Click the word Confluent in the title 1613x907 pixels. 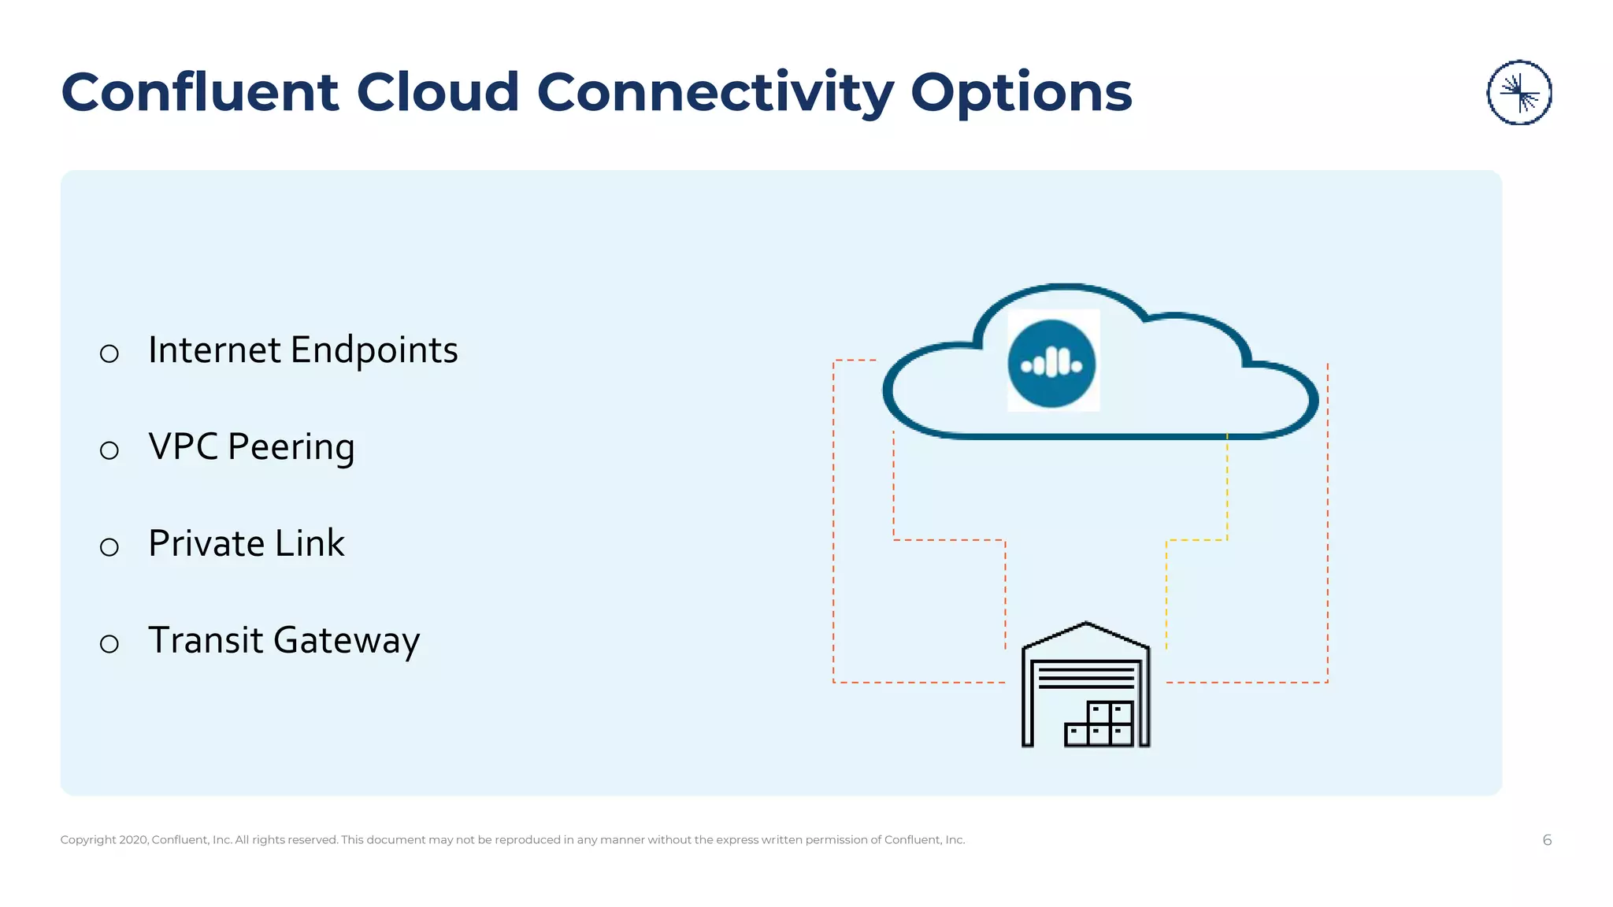click(200, 93)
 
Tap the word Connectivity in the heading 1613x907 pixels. click(715, 93)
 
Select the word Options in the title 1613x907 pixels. click(1021, 93)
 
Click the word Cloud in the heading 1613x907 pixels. click(438, 93)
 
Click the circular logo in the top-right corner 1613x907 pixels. click(1518, 93)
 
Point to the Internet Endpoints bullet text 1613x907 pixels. click(302, 350)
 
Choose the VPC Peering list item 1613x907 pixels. click(251, 447)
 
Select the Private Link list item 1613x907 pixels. click(246, 544)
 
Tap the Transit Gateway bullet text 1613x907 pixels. click(284, 641)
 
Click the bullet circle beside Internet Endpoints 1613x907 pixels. click(109, 354)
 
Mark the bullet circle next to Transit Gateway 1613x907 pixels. click(109, 644)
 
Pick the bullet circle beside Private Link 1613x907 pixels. click(109, 547)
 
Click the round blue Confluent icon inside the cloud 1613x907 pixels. click(1051, 364)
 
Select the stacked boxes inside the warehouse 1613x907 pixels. click(1099, 724)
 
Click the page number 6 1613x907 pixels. click(1547, 840)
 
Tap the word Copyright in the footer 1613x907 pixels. click(88, 840)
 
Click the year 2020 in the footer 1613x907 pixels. click(134, 840)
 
